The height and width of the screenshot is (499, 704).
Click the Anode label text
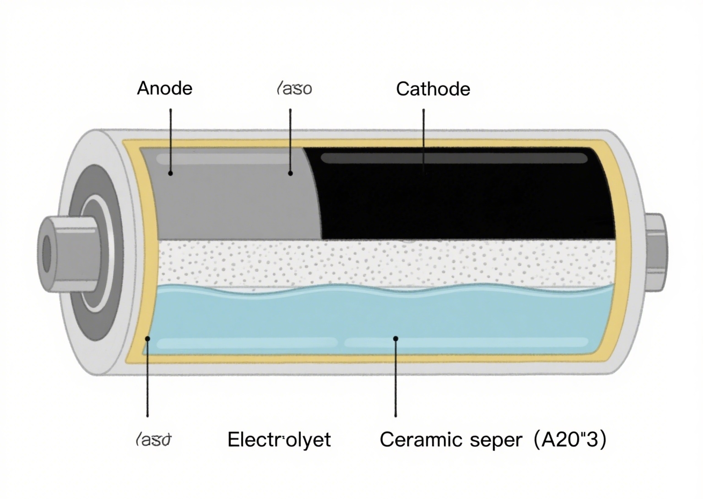[x=164, y=88]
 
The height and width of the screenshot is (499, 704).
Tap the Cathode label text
[x=433, y=89]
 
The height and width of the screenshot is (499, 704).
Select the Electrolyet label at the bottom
[x=279, y=440]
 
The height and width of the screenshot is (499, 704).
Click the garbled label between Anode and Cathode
[x=294, y=88]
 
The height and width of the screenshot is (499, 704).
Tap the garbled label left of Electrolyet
[x=153, y=440]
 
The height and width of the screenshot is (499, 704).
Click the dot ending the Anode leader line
[x=170, y=173]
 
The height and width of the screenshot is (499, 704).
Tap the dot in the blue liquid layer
[x=395, y=338]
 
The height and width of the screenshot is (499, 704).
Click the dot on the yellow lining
[x=147, y=338]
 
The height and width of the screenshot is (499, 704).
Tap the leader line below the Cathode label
[x=423, y=137]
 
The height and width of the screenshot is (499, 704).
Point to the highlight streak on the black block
[x=453, y=159]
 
